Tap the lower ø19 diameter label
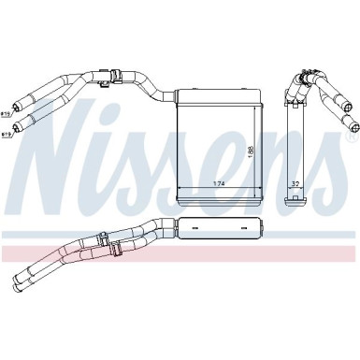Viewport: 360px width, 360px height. tap(6, 135)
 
